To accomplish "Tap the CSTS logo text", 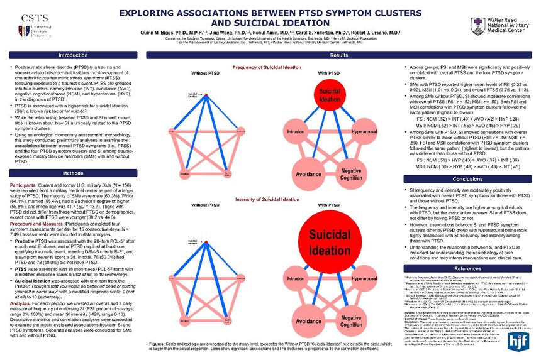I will (x=31, y=19).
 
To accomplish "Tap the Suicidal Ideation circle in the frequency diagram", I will (x=330, y=95).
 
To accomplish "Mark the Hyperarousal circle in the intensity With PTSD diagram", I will (x=364, y=277).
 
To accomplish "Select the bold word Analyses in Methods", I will (x=22, y=303).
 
